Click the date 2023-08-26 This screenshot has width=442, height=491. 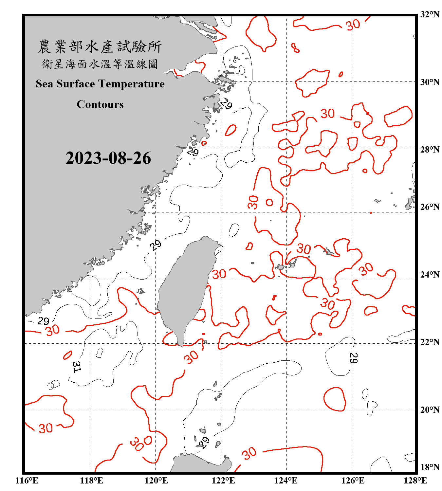click(108, 158)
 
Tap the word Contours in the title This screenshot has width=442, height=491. click(100, 104)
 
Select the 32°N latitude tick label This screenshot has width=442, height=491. click(430, 14)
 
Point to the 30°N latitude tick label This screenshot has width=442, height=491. click(430, 82)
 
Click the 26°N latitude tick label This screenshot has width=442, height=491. click(430, 207)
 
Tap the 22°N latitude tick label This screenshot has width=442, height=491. click(430, 342)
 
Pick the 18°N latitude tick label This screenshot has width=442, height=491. click(430, 467)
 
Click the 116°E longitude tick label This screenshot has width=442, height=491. click(27, 481)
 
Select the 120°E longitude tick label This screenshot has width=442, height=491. click(156, 481)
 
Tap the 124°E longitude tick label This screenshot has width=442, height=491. click(286, 481)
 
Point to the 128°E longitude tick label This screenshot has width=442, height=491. click(415, 481)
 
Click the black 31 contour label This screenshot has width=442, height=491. click(76, 367)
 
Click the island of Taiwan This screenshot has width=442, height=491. click(185, 288)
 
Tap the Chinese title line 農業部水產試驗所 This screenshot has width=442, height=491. click(100, 47)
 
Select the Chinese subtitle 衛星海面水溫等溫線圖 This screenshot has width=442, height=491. click(100, 64)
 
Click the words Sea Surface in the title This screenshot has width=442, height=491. click(65, 84)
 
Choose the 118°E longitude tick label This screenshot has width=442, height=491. click(91, 481)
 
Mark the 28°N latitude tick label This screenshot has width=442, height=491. click(430, 150)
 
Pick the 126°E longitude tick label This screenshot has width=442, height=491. click(353, 481)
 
